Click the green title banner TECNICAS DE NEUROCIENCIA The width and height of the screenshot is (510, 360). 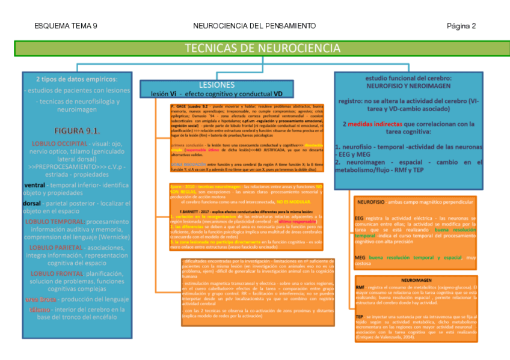click(x=262, y=48)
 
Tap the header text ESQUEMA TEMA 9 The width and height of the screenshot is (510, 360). click(x=66, y=26)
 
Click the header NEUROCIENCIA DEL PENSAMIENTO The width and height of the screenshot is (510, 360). click(x=254, y=26)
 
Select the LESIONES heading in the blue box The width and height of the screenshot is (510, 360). click(x=216, y=85)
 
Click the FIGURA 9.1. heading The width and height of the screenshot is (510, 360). click(x=76, y=130)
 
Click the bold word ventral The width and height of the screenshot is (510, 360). click(x=34, y=185)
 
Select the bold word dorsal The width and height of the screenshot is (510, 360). click(x=33, y=203)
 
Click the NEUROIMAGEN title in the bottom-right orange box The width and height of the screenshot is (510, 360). click(x=416, y=281)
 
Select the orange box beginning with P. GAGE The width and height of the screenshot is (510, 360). click(x=246, y=136)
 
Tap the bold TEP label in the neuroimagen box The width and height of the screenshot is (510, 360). click(x=359, y=316)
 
